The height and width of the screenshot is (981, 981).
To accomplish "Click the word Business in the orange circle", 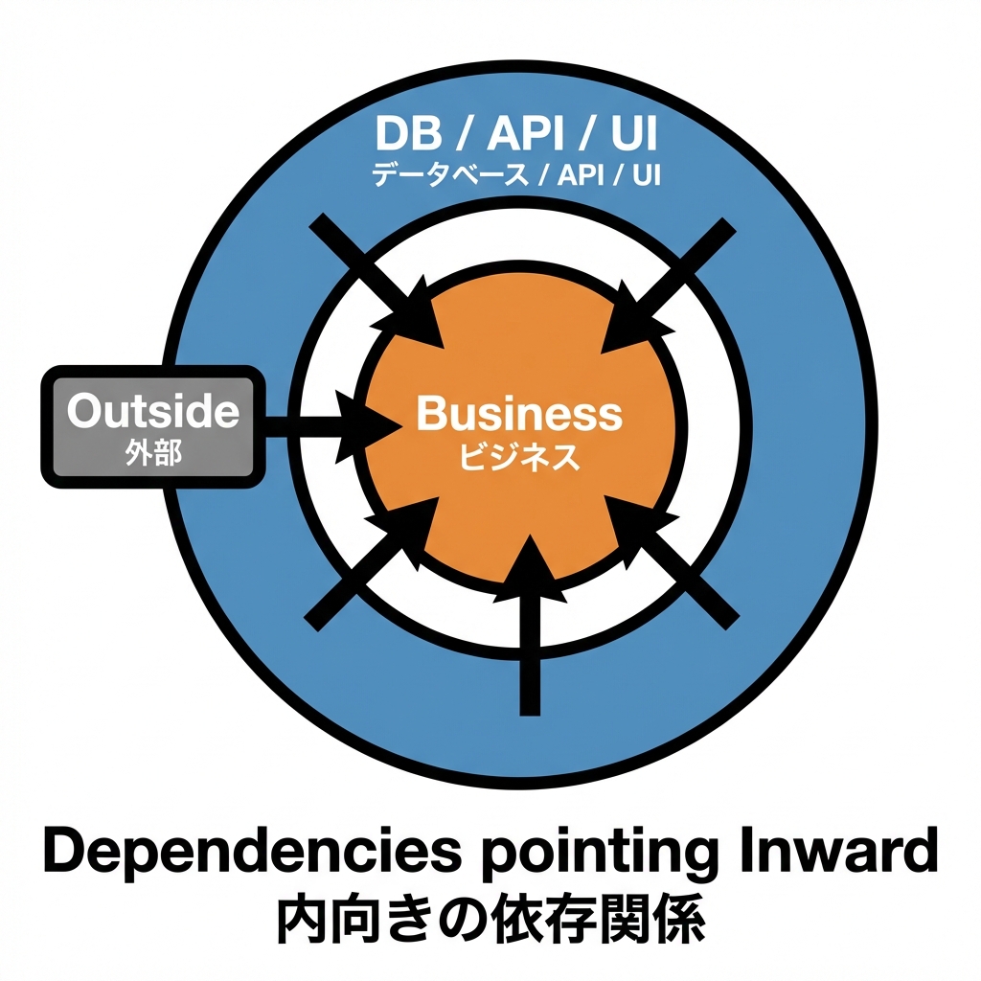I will [x=519, y=415].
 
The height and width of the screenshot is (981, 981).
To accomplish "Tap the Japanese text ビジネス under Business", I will [x=519, y=458].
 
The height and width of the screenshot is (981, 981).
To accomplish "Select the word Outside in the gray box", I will [x=152, y=411].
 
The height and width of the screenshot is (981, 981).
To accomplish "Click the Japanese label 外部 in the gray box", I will [x=152, y=453].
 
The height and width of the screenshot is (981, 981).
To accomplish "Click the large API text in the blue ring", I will [x=526, y=135].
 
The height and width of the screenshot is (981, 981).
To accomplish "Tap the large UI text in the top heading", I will [x=633, y=135].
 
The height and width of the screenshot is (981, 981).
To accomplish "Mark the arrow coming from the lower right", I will [x=675, y=565].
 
